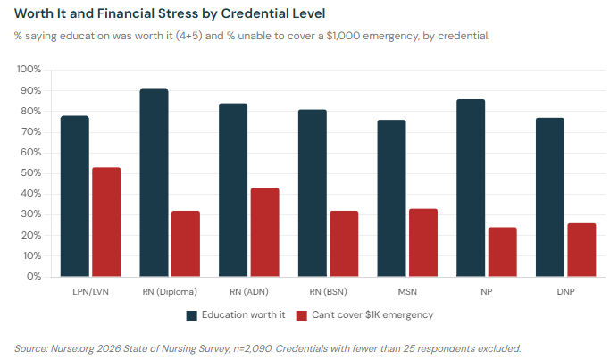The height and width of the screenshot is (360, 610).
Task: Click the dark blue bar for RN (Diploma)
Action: [x=155, y=182]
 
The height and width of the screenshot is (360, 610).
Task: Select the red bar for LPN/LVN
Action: [x=106, y=222]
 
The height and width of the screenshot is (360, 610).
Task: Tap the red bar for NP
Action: [x=502, y=252]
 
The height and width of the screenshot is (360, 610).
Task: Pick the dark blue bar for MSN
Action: [x=391, y=197]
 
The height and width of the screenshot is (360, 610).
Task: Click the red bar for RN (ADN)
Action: [x=264, y=232]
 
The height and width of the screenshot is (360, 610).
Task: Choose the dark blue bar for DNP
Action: [x=549, y=197]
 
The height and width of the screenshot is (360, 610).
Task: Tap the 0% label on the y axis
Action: [x=33, y=277]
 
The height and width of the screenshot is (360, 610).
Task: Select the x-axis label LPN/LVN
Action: [x=91, y=292]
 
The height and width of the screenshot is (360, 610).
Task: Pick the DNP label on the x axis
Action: [x=564, y=292]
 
